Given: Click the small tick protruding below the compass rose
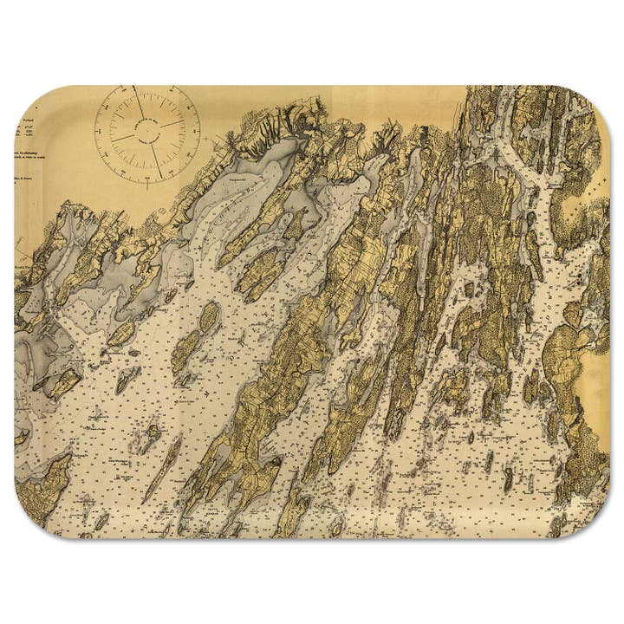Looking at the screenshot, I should (147, 184).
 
